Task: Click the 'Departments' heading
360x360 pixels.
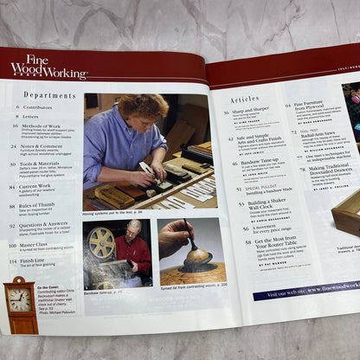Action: coord(48,94)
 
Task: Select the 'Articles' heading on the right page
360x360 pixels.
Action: coord(244,100)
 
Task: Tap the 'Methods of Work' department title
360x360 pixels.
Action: coord(42,125)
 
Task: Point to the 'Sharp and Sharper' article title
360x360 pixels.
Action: coord(245,112)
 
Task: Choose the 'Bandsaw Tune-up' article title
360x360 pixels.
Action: coord(248,164)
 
